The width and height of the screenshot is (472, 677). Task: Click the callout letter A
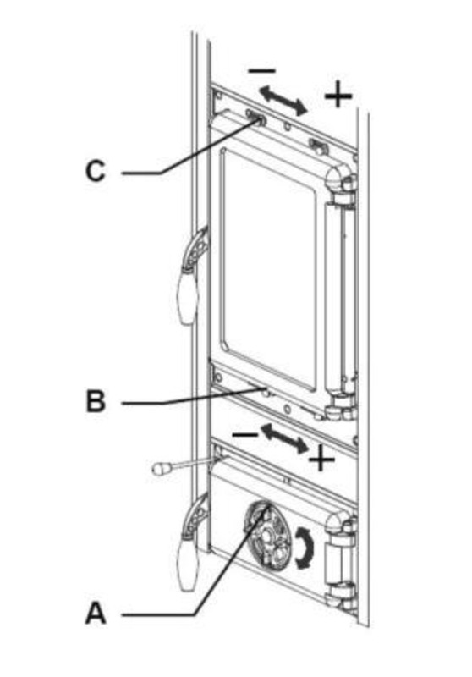tap(96, 614)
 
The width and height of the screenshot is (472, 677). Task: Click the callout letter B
tap(96, 401)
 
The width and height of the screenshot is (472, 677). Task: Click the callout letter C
tap(96, 171)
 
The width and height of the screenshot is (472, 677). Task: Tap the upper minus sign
tap(261, 70)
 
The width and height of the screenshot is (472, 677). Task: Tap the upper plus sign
tap(338, 95)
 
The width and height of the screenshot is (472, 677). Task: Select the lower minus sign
tap(244, 434)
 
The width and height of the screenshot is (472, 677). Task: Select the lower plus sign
tap(321, 458)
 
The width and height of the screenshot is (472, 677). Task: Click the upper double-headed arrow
tap(283, 100)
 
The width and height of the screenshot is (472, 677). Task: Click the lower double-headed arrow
tap(284, 438)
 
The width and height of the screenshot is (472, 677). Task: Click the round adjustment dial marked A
tap(266, 536)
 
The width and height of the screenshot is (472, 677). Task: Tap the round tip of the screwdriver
tap(160, 469)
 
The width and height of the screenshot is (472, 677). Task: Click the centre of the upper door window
tap(268, 267)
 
